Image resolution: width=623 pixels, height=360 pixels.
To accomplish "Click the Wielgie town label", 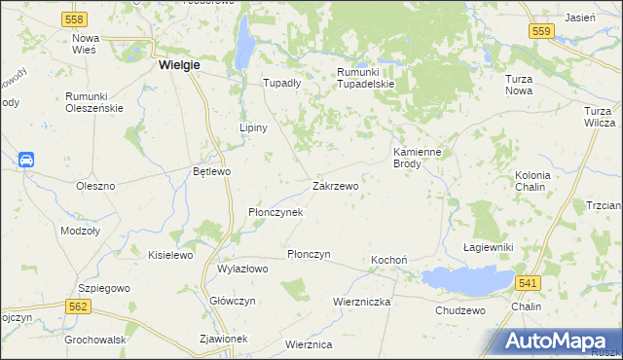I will point(178,65).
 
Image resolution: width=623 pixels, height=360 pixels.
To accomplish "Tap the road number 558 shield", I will point(73,18).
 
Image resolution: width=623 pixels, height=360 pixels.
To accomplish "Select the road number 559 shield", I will point(543,31).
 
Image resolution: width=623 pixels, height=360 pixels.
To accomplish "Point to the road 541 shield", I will point(527,282).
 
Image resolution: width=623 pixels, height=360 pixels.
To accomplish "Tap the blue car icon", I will point(26,160).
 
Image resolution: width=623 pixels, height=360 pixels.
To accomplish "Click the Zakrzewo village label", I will point(336,185).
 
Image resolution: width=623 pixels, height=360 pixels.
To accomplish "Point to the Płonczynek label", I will point(275,211).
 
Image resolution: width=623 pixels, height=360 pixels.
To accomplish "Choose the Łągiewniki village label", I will point(488,248).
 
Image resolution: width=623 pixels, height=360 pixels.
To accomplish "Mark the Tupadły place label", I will point(282,83).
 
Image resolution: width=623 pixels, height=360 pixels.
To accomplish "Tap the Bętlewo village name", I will point(211,171).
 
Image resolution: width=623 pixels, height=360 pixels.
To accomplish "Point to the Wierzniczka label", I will point(361,302).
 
